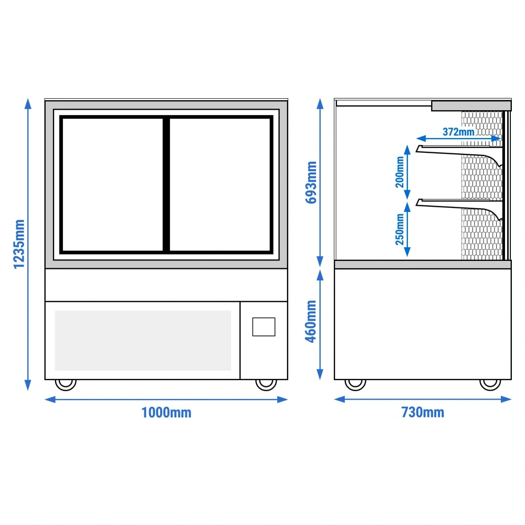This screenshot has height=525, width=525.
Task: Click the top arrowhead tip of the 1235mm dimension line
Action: click(x=28, y=99)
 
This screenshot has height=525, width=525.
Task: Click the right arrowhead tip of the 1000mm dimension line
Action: click(x=288, y=400)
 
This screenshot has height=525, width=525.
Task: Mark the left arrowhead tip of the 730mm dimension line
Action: click(x=334, y=399)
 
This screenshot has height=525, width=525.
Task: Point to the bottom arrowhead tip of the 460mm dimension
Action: click(x=320, y=380)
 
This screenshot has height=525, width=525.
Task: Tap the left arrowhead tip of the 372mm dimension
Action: click(x=416, y=138)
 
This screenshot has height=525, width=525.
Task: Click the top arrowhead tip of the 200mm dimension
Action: click(x=407, y=145)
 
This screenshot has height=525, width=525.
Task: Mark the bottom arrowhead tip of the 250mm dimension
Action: click(x=407, y=257)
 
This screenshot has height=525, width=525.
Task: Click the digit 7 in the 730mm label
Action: click(x=405, y=413)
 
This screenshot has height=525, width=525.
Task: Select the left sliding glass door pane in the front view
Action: click(x=113, y=184)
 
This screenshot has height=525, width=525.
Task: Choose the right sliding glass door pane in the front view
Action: click(x=220, y=184)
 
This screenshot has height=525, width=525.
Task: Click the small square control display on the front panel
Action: click(x=264, y=327)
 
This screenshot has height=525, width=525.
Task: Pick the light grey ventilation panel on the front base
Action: click(x=143, y=341)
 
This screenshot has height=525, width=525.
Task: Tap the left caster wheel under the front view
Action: click(x=66, y=384)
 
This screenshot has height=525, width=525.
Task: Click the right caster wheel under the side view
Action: click(x=490, y=384)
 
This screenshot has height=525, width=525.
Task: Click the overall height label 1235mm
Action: click(x=19, y=244)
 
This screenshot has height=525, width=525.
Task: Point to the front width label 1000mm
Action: click(x=166, y=413)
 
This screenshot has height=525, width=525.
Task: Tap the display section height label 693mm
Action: click(x=311, y=183)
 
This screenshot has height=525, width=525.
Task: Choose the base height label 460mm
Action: click(x=311, y=321)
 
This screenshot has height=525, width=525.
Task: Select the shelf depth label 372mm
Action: click(x=458, y=132)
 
